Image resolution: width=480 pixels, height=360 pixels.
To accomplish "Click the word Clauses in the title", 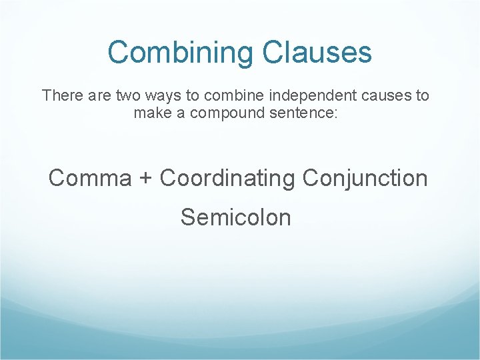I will pos(317,52).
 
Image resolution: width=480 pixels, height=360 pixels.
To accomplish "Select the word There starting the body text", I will pos(60,95).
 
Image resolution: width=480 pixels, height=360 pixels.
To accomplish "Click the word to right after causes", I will pos(423,95).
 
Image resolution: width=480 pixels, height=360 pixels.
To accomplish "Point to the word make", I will pos(151,113).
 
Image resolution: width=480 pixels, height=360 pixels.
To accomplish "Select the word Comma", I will pos(90,178).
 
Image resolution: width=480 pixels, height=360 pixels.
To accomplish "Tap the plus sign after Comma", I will pos(146,179).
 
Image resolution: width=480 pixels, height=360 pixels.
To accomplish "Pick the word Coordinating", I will pos(227,178).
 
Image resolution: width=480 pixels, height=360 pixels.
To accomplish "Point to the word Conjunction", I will pos(365,178).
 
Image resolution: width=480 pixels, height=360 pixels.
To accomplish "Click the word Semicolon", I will pos(235,217).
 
